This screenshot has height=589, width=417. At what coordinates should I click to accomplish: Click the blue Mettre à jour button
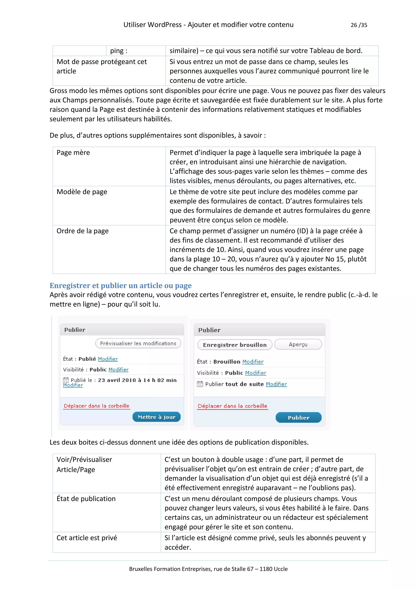click(156, 417)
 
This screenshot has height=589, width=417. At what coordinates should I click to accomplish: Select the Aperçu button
click(298, 345)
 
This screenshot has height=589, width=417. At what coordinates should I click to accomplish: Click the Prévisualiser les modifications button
click(138, 344)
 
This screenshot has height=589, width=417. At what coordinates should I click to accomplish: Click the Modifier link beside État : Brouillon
click(253, 362)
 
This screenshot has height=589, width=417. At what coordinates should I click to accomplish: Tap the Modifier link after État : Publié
click(108, 359)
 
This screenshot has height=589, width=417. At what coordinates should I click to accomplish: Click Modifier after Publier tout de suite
click(276, 384)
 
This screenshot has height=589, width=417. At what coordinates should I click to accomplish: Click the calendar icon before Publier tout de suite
click(200, 384)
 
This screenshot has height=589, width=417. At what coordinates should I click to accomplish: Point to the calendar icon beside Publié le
click(66, 380)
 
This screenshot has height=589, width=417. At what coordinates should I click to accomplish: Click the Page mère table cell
click(73, 153)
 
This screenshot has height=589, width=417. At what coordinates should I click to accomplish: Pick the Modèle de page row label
click(82, 192)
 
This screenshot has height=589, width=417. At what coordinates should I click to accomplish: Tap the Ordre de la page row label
click(82, 231)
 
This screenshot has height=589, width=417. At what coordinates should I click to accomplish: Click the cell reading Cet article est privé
click(87, 538)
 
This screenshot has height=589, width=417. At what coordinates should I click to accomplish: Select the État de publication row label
click(86, 498)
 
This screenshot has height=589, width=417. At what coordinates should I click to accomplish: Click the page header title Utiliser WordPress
click(208, 25)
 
